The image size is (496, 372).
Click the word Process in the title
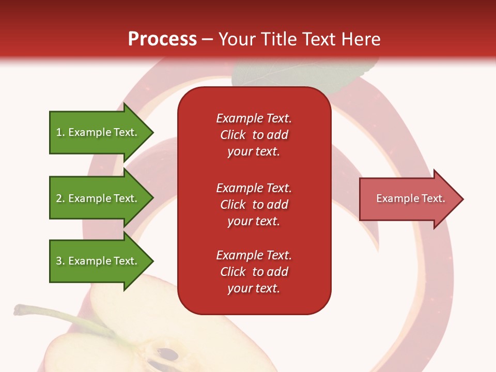click(162, 39)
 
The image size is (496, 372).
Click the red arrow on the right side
click(408, 198)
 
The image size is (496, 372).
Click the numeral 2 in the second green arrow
click(59, 198)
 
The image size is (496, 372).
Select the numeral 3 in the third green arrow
click(59, 261)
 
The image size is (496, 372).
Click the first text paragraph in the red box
click(254, 134)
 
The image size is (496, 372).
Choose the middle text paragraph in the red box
click(254, 204)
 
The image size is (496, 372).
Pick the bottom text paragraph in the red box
click(254, 272)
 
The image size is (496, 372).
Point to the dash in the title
click(207, 39)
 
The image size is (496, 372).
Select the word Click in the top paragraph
click(233, 135)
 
